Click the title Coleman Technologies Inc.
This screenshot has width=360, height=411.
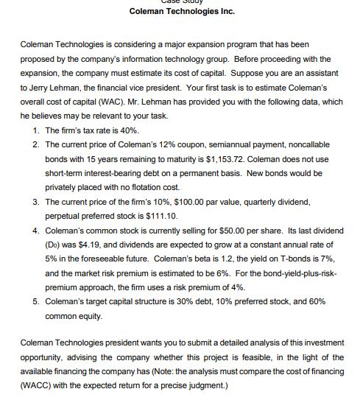(181, 11)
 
